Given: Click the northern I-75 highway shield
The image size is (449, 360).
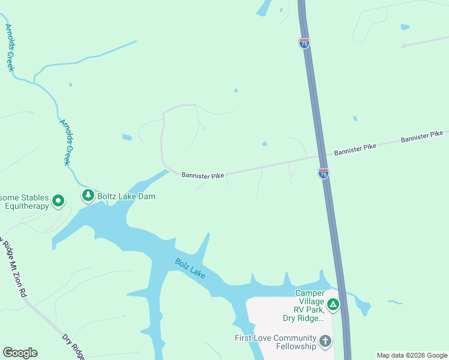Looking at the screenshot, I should (x=304, y=43).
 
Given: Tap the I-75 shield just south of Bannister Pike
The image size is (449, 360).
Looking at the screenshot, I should (x=323, y=173).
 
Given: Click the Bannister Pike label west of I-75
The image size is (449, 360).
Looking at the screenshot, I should (x=203, y=175).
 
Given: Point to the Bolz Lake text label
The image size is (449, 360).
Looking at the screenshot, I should (x=190, y=268).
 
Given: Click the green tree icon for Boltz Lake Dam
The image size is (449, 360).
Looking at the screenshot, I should (x=88, y=195).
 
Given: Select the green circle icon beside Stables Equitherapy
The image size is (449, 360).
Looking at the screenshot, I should (x=58, y=201).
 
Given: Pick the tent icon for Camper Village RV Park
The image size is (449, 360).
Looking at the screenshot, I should (x=333, y=305).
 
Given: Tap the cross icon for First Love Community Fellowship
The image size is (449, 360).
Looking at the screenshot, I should (x=325, y=342).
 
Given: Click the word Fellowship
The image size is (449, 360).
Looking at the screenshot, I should (x=295, y=347).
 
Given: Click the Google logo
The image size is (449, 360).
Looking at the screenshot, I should (x=20, y=353).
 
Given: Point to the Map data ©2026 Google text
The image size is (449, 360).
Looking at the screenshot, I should (x=412, y=355).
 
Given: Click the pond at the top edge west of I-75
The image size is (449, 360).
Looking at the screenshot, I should (x=264, y=8).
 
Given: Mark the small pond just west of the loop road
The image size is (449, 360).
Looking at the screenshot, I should (x=127, y=137).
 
